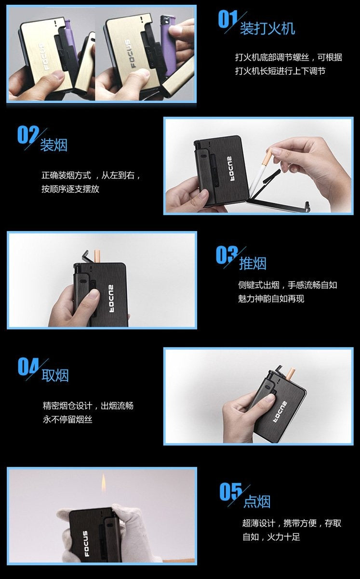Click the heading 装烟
(x=53, y=145)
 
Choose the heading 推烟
(x=253, y=263)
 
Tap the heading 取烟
(x=55, y=375)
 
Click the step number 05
(x=231, y=492)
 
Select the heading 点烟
(x=256, y=501)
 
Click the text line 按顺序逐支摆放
(x=70, y=189)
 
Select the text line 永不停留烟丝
(x=67, y=420)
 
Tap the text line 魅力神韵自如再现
(x=271, y=299)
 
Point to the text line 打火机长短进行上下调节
(x=280, y=71)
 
